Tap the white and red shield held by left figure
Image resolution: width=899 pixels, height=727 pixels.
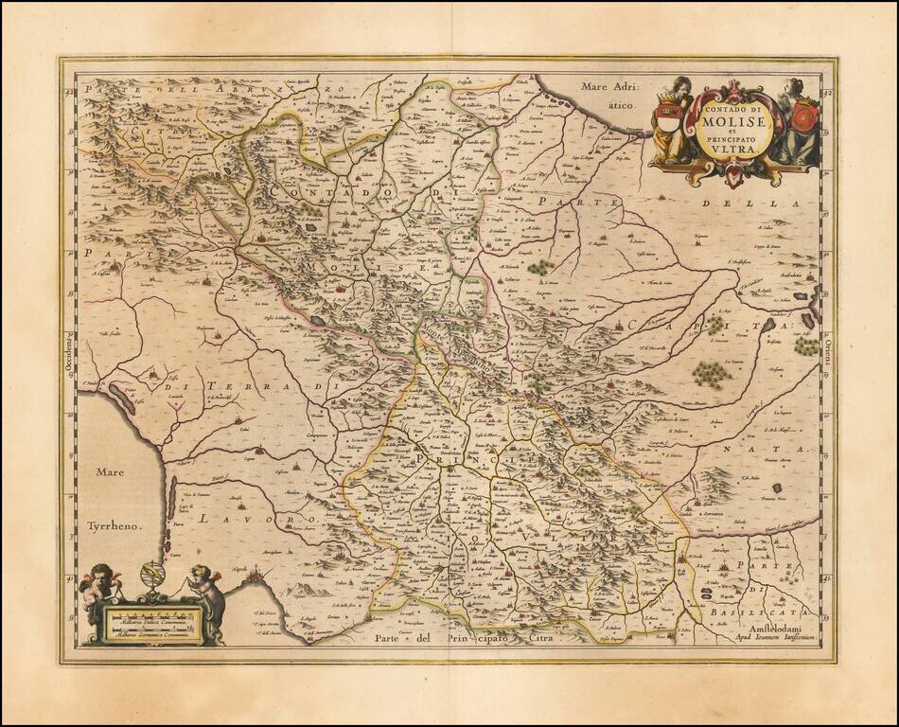668,121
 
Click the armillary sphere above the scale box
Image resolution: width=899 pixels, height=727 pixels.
151,576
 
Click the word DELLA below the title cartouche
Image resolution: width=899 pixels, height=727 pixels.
766,203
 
